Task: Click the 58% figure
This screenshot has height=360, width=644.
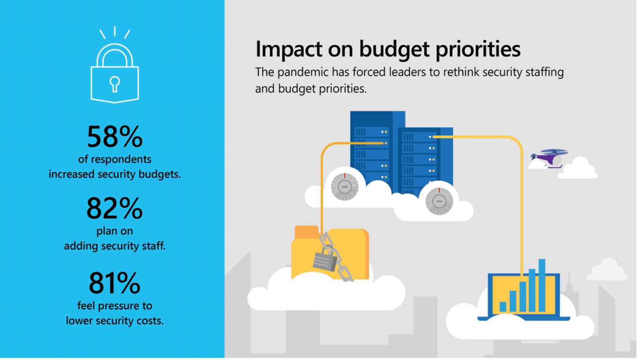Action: coord(115,137)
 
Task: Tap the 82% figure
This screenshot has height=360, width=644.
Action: coord(115,208)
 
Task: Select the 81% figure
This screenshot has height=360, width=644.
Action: coord(115,283)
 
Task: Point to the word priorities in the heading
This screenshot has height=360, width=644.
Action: coord(478,49)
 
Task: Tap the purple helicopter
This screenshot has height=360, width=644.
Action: coord(549,158)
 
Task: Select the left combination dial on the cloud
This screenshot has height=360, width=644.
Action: coord(345,186)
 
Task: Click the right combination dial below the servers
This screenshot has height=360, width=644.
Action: coord(439,201)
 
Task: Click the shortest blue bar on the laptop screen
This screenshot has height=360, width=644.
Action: coord(503,306)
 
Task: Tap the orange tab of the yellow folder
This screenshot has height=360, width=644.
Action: coord(306,232)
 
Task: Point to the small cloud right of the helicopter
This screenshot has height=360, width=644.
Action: coord(579,169)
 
